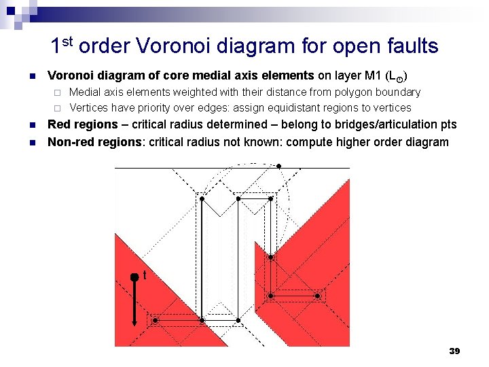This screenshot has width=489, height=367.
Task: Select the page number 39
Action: pos(454,351)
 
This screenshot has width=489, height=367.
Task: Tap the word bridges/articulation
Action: pos(387,125)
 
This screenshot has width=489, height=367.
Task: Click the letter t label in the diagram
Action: pos(145,276)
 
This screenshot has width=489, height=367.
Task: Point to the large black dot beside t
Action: pos(134,277)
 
